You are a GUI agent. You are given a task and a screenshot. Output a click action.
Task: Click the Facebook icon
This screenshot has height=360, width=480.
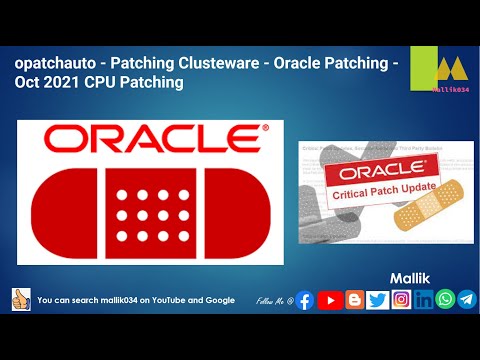pos(305,299)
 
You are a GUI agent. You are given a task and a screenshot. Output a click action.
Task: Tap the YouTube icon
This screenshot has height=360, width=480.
pos(329,299)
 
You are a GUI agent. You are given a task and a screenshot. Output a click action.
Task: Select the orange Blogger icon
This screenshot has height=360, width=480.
pos(354,299)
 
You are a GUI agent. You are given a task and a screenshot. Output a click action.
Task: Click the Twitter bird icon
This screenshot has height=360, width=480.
pos(378,299)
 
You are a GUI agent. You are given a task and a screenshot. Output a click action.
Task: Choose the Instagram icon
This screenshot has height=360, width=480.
pos(401,299)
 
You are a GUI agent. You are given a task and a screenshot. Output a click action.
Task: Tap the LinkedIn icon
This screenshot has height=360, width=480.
pos(424,299)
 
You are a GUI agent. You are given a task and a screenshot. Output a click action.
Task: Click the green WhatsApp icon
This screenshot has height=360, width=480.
pos(445,299)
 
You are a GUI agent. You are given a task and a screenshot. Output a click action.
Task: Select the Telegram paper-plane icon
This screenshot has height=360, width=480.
pos(466,299)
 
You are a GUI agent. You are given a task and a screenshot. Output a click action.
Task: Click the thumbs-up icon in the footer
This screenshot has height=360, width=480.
pos(21,299)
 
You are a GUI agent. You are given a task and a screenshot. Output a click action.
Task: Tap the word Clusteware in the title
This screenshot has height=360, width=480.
pos(223,63)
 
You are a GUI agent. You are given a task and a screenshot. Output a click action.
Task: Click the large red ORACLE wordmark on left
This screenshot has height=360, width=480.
pos(150,138)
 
